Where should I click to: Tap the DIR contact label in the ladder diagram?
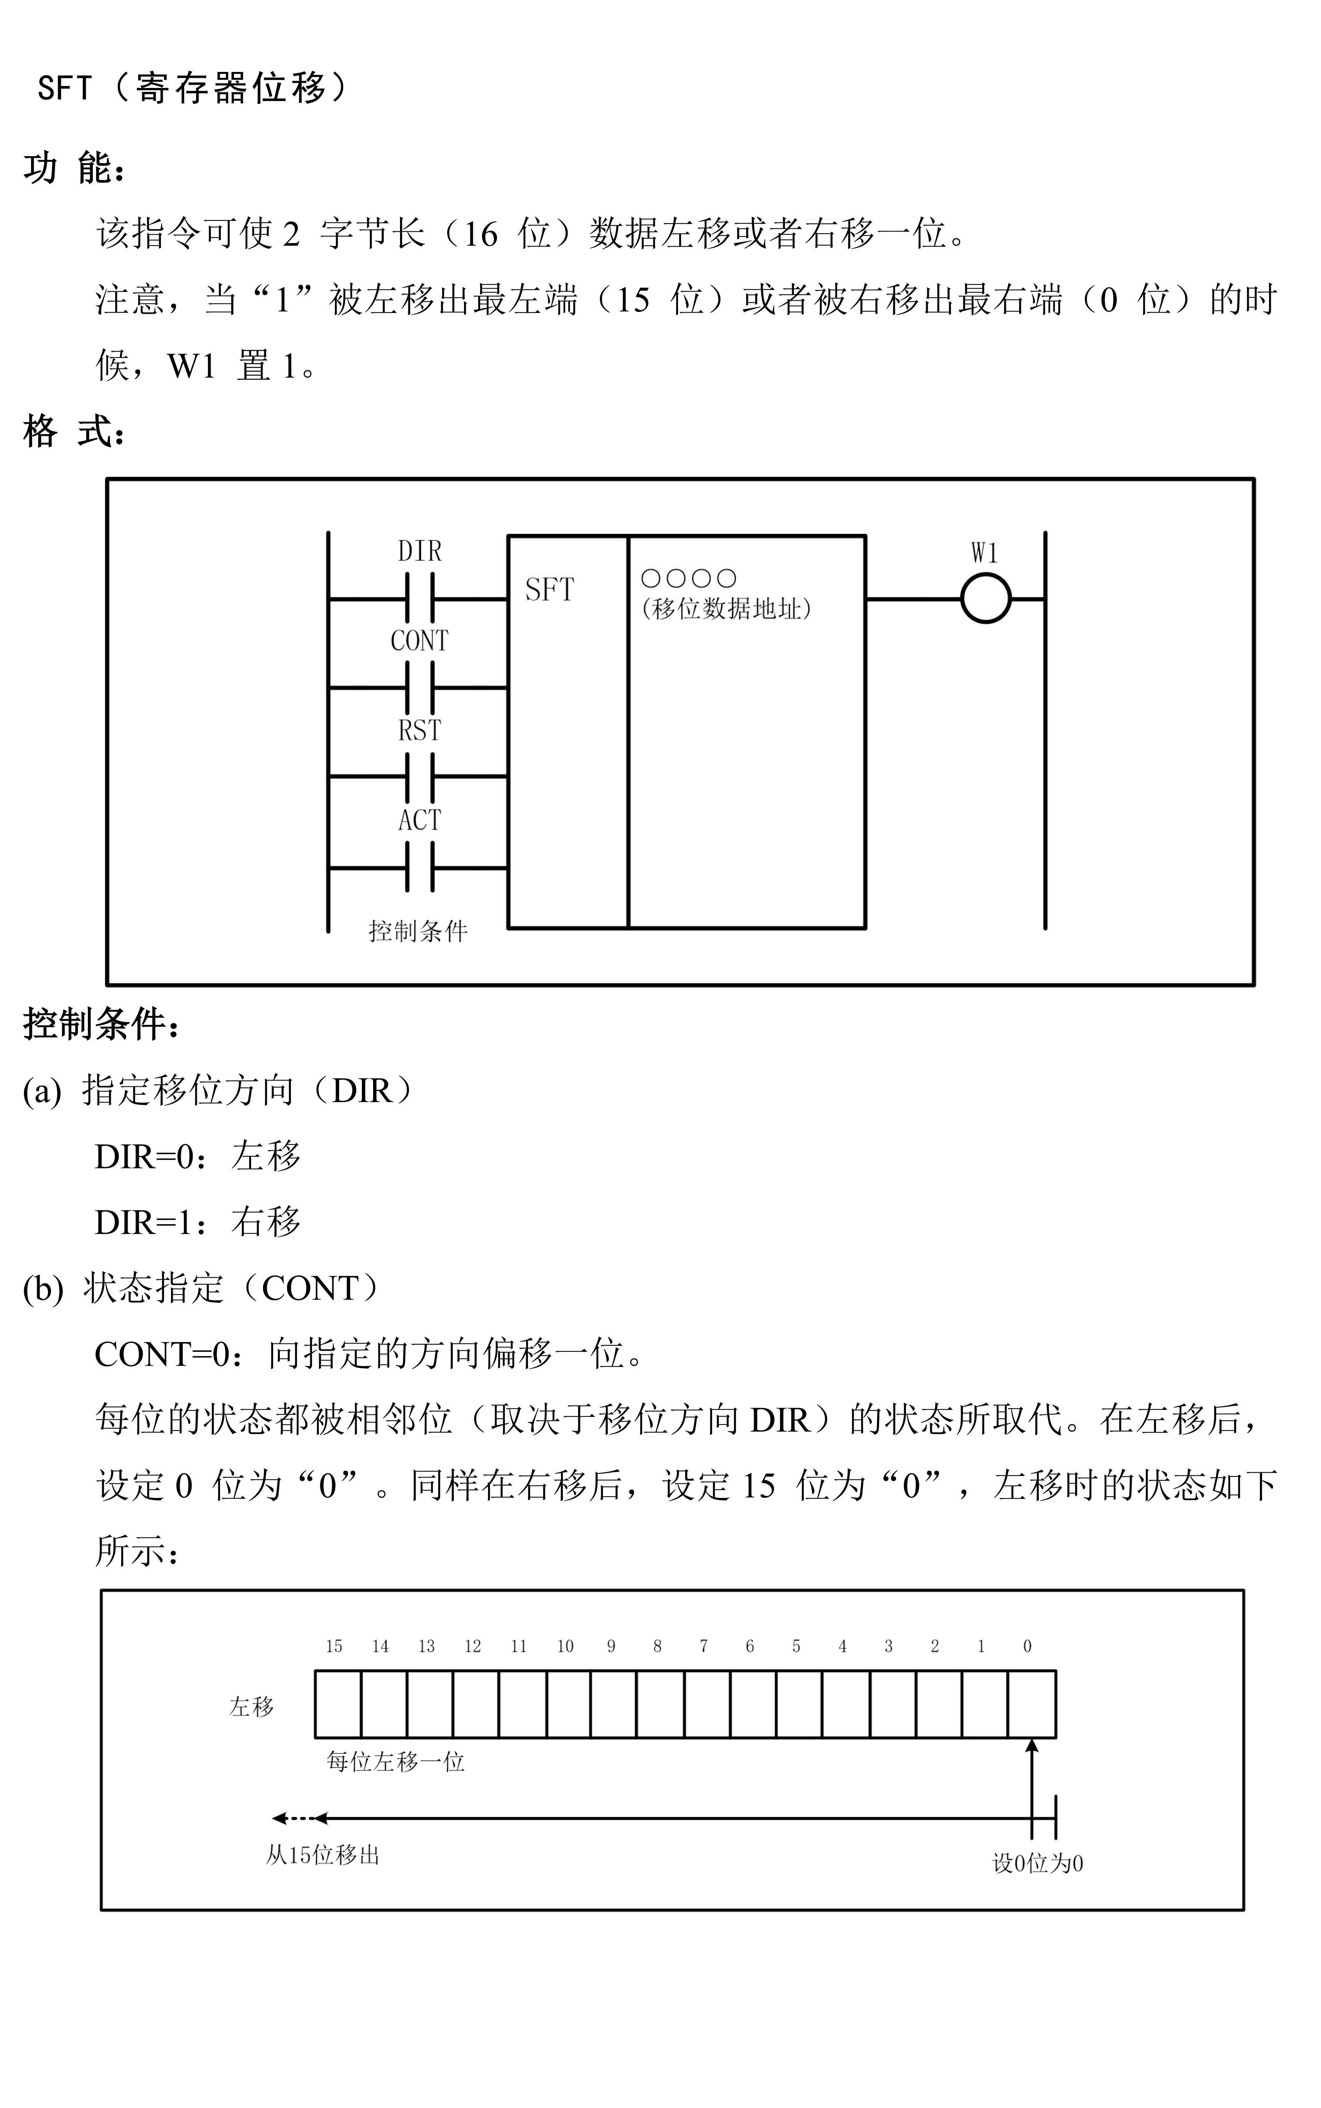[x=420, y=551]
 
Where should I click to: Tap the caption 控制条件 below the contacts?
[x=418, y=932]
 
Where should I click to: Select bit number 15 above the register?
[x=334, y=1646]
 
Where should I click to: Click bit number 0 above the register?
[x=1028, y=1646]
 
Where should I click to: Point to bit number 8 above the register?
[x=657, y=1646]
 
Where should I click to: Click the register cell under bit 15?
[x=338, y=1704]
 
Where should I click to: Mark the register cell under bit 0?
[x=1032, y=1704]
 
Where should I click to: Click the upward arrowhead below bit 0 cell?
[x=1032, y=1746]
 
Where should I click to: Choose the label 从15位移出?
[x=322, y=1855]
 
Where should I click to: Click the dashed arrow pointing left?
[x=293, y=1819]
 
